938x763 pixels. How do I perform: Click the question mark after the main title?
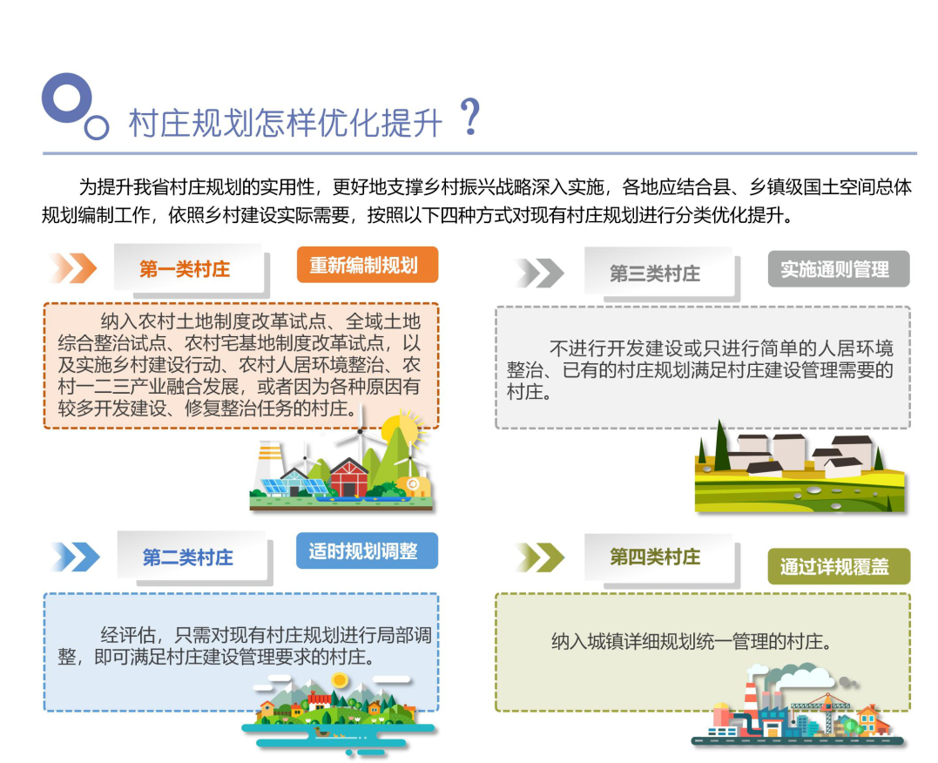[x=470, y=118]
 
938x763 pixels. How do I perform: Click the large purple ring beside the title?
[x=66, y=98]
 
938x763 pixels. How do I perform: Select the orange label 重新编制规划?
[x=367, y=265]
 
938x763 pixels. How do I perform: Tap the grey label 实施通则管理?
[x=838, y=269]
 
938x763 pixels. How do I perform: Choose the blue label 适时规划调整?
[x=367, y=551]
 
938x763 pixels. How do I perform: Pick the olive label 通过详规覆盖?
[x=838, y=567]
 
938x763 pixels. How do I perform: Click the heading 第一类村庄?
[x=186, y=269]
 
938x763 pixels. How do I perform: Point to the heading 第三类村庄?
[x=655, y=273]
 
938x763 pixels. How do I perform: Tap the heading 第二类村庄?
[x=188, y=557]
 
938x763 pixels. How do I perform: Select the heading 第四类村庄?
[x=655, y=557]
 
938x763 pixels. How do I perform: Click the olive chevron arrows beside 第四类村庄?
[x=539, y=557]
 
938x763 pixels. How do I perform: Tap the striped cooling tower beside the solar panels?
[x=268, y=466]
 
